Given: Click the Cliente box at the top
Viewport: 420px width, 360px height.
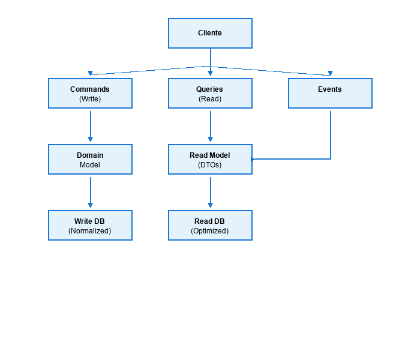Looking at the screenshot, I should (x=210, y=33).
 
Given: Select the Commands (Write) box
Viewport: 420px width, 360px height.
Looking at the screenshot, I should (x=90, y=94).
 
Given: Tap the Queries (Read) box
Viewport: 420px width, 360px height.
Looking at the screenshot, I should (x=210, y=94).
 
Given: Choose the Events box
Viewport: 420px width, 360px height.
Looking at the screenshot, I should (x=330, y=94).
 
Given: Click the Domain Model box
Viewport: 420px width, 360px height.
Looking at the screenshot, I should (x=90, y=160).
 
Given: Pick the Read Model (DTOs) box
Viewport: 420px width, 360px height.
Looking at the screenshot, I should (x=210, y=160).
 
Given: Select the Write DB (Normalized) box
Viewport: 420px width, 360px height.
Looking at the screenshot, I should (x=90, y=226).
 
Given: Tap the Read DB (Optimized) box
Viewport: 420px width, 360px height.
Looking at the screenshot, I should (x=210, y=226).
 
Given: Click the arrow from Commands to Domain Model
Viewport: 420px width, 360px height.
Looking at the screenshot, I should (x=90, y=126).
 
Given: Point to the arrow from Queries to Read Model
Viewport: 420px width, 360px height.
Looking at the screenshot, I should (x=210, y=126).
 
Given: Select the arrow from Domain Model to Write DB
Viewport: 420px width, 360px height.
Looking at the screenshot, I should (x=90, y=192).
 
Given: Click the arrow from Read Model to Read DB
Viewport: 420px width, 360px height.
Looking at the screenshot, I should (x=210, y=192).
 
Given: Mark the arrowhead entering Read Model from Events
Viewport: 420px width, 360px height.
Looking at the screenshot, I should (x=254, y=159).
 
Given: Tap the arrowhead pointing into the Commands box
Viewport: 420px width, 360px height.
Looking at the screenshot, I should (x=90, y=73).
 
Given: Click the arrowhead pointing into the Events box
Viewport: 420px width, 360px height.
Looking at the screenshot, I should (x=330, y=73).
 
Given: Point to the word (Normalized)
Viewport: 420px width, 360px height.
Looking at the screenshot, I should (x=90, y=231).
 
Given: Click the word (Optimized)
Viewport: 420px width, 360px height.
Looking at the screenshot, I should (x=210, y=231).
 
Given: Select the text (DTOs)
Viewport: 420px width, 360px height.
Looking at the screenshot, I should (x=210, y=165).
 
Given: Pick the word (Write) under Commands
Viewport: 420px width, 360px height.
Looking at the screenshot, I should (x=90, y=99).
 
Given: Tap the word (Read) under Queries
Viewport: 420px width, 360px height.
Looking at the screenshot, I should (x=210, y=99).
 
